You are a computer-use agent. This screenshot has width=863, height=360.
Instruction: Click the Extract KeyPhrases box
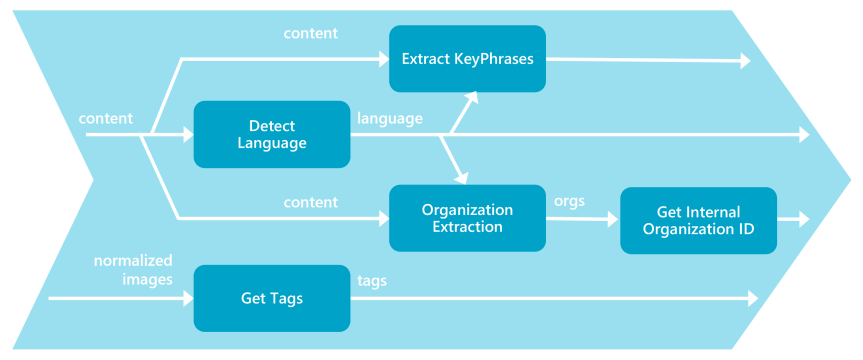click(x=467, y=59)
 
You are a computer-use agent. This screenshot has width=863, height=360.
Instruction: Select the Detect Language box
click(x=271, y=134)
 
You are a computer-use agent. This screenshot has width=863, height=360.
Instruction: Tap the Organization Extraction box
click(x=467, y=218)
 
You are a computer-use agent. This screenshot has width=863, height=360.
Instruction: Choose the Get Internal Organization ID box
click(x=698, y=220)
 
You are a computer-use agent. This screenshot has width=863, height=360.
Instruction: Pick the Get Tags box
click(x=271, y=298)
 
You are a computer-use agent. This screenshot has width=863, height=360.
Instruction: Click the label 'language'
click(x=389, y=118)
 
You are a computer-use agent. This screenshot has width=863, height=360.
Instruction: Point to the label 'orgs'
click(x=569, y=201)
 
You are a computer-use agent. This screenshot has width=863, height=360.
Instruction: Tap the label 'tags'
click(x=372, y=281)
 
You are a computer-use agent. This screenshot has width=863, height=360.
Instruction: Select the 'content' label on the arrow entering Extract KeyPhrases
click(x=310, y=33)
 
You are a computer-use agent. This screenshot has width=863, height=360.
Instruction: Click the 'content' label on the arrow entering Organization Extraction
click(x=310, y=202)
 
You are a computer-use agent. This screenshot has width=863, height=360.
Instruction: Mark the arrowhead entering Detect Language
click(x=187, y=134)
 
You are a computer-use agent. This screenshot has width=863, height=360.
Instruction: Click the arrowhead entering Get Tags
click(x=187, y=298)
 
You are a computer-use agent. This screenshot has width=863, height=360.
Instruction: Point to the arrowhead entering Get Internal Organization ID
click(x=614, y=219)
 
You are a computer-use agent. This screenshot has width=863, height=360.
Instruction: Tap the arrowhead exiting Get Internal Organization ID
click(x=803, y=219)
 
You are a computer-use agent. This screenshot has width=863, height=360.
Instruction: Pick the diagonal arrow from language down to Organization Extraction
click(x=453, y=159)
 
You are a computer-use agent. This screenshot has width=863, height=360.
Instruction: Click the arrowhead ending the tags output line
click(x=752, y=298)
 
